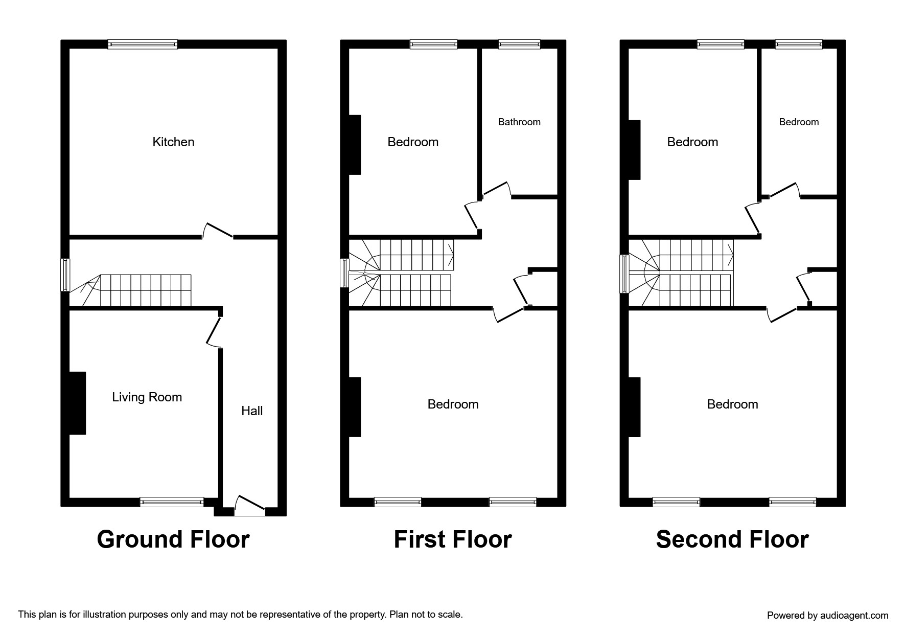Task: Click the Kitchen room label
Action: [x=173, y=142]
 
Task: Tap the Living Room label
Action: [x=147, y=397]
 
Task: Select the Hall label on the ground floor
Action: [x=252, y=411]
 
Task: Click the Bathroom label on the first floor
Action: [x=519, y=122]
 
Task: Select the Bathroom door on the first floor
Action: [x=496, y=189]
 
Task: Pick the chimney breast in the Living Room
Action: [x=77, y=403]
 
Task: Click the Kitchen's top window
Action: [x=143, y=44]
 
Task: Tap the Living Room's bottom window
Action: [x=172, y=503]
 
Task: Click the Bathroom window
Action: [x=519, y=44]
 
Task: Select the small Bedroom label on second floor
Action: [x=799, y=122]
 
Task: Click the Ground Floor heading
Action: [x=173, y=539]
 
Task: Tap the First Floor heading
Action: [x=453, y=539]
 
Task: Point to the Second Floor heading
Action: [x=732, y=539]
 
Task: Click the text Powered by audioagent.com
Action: [x=827, y=616]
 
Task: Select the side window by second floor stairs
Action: [x=624, y=274]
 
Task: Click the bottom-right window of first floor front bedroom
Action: [x=513, y=502]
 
